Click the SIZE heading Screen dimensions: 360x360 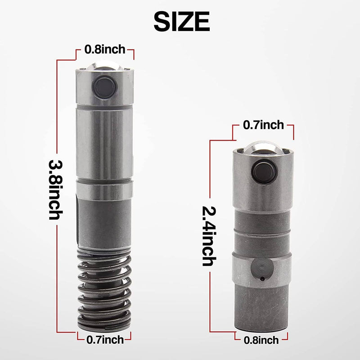[182, 22]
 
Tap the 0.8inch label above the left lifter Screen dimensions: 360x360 [105, 49]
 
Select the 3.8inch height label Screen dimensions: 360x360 [56, 189]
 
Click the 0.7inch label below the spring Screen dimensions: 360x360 [105, 340]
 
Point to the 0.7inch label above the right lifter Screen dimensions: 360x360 [263, 125]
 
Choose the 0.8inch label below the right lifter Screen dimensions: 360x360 [261, 340]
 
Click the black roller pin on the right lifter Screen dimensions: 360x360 [264, 171]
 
